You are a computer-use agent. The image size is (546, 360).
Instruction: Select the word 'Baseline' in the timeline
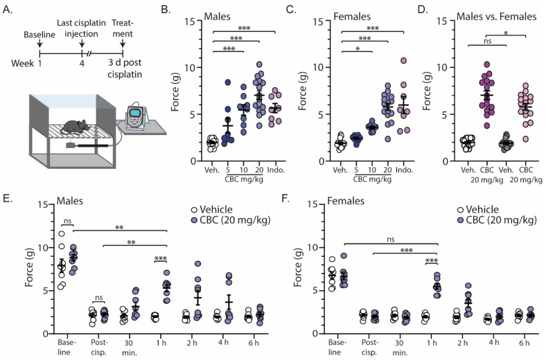[x=38, y=34]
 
